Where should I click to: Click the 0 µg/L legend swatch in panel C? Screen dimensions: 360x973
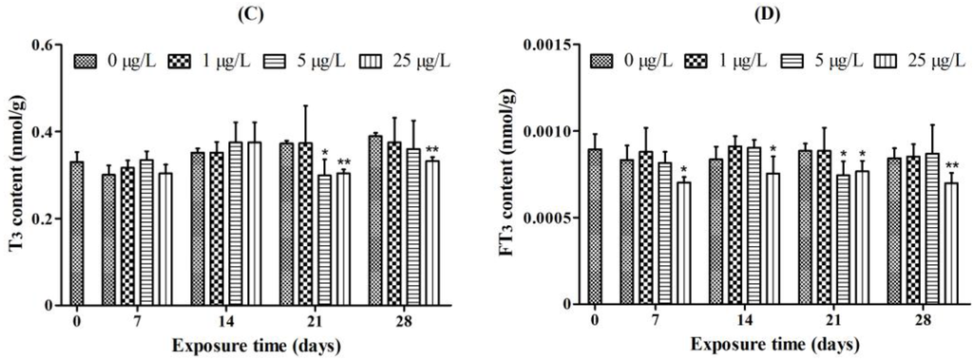(89, 62)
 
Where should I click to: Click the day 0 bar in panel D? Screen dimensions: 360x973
(595, 227)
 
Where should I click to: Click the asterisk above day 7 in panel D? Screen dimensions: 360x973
(682, 170)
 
